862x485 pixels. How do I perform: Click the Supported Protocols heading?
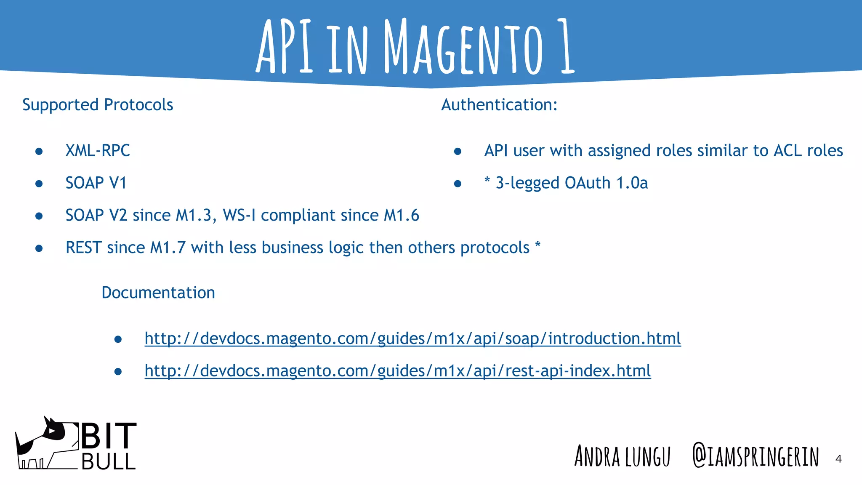(98, 105)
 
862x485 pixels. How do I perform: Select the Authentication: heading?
(499, 105)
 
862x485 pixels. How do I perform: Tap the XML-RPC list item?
(98, 151)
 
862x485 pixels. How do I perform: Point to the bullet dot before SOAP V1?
(39, 184)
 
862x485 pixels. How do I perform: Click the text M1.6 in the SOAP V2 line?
(402, 216)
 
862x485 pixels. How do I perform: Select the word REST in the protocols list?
(83, 248)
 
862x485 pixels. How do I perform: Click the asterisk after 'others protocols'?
(537, 245)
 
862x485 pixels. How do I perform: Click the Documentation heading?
(158, 293)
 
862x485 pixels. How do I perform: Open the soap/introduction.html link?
(412, 338)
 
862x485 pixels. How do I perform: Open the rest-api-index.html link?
(398, 371)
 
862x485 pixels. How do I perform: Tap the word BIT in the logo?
(109, 436)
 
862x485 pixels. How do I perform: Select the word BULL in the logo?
(109, 462)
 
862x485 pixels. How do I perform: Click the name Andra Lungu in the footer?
(622, 456)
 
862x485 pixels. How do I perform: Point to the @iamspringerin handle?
(756, 456)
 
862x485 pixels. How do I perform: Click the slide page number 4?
(838, 459)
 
